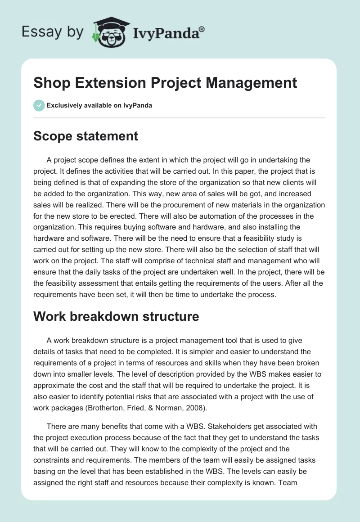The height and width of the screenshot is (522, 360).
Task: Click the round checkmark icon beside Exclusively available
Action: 39,105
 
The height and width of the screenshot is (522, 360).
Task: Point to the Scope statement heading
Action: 85,136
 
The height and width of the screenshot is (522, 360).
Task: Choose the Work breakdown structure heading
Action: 116,316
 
